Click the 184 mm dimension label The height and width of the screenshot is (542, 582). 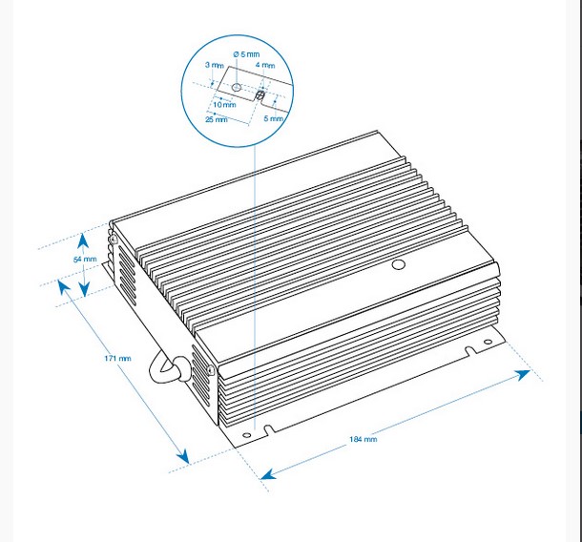pyautogui.click(x=363, y=439)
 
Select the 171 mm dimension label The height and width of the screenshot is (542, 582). pyautogui.click(x=117, y=358)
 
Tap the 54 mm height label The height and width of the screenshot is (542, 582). pyautogui.click(x=85, y=260)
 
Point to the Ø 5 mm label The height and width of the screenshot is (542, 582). pyautogui.click(x=246, y=54)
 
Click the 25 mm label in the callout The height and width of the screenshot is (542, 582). pyautogui.click(x=217, y=119)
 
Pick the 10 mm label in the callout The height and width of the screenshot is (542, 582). pyautogui.click(x=224, y=105)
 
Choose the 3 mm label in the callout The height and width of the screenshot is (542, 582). pyautogui.click(x=215, y=65)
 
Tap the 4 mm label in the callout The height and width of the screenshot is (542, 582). pyautogui.click(x=265, y=65)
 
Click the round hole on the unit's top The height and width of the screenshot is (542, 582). pyautogui.click(x=398, y=264)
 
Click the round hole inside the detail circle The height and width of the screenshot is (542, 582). pyautogui.click(x=237, y=87)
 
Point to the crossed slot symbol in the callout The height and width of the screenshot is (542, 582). pyautogui.click(x=260, y=95)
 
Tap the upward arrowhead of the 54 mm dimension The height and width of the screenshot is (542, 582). pyautogui.click(x=83, y=240)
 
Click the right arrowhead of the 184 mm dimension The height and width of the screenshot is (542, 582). pyautogui.click(x=523, y=375)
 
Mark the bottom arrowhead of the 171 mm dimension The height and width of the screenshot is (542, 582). pyautogui.click(x=184, y=457)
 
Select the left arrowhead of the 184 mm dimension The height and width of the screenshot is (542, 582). pyautogui.click(x=268, y=474)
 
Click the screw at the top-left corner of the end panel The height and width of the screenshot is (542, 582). pyautogui.click(x=114, y=240)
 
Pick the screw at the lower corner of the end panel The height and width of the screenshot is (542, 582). pyautogui.click(x=211, y=370)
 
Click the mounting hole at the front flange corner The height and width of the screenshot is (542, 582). pyautogui.click(x=246, y=435)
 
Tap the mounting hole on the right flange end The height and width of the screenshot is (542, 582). pyautogui.click(x=488, y=342)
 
